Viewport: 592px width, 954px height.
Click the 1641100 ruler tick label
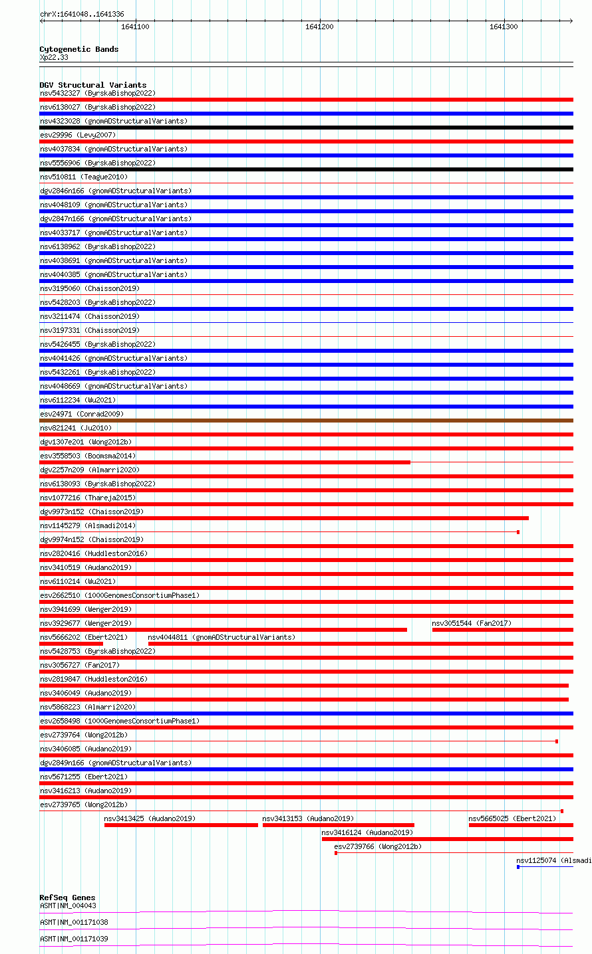135,27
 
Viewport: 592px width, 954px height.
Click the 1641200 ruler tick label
319,27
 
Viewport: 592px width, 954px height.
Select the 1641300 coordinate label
504,27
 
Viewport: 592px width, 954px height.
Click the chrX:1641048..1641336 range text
82,14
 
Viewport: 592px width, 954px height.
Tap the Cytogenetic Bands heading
78,49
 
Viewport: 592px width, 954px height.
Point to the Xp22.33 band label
54,57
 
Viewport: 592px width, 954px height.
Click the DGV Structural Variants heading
92,85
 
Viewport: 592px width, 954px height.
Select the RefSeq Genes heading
67,898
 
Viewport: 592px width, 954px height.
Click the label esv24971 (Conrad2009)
82,414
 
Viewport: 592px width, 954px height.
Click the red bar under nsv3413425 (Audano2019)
181,825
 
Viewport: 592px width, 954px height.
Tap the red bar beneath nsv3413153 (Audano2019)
338,825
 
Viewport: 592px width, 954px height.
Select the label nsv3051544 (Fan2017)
472,623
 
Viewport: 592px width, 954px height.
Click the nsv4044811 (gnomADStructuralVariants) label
222,637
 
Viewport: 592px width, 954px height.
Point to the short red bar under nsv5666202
71,644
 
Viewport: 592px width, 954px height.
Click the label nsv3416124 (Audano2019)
367,832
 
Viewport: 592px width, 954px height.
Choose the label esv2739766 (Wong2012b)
378,846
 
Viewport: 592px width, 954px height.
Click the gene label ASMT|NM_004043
68,906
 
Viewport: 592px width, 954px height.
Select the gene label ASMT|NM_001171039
74,939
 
